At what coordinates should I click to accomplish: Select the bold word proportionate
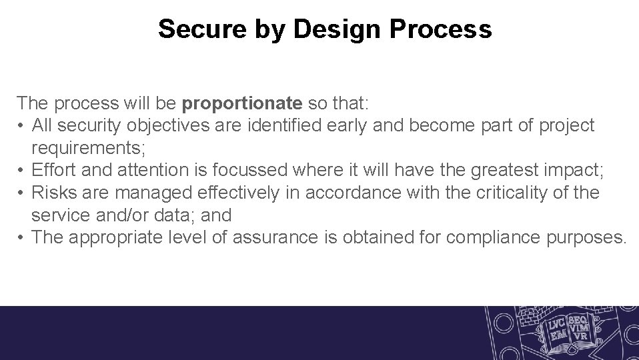point(242,103)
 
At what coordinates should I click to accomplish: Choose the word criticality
point(524,193)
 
